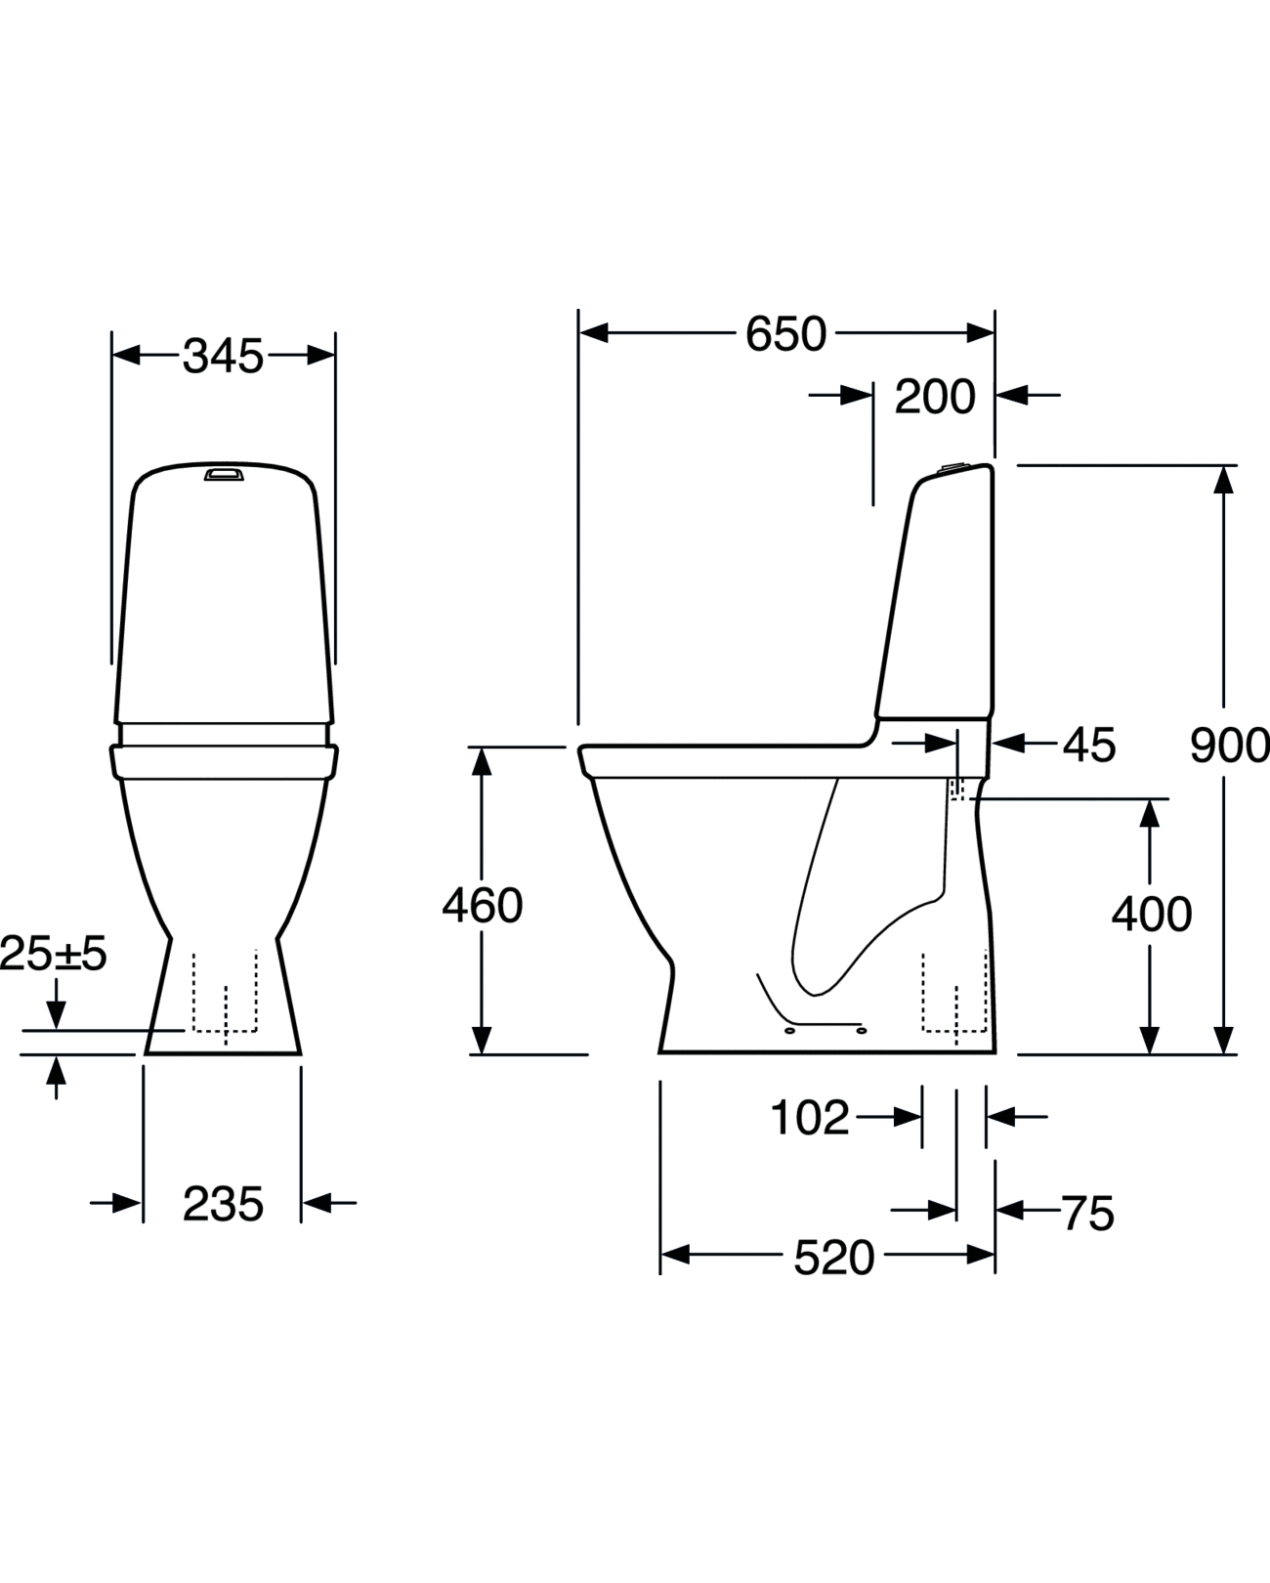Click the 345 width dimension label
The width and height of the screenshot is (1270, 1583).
223,357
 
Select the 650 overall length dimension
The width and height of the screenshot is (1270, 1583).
785,334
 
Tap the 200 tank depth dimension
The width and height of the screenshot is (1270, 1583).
935,397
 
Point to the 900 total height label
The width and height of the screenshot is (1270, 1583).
1229,746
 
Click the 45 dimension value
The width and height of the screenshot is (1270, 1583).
1088,746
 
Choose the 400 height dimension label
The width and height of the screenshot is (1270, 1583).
1151,915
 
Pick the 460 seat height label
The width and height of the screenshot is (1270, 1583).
483,906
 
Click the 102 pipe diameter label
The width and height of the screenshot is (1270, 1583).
810,1117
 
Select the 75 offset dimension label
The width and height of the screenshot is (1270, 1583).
1087,1214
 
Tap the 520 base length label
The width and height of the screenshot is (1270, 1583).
833,1258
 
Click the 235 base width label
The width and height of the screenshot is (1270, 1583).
223,1204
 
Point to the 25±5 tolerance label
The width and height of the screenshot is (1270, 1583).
54,954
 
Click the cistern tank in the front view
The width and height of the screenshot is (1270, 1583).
223,596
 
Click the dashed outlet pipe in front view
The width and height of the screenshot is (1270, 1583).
225,992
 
